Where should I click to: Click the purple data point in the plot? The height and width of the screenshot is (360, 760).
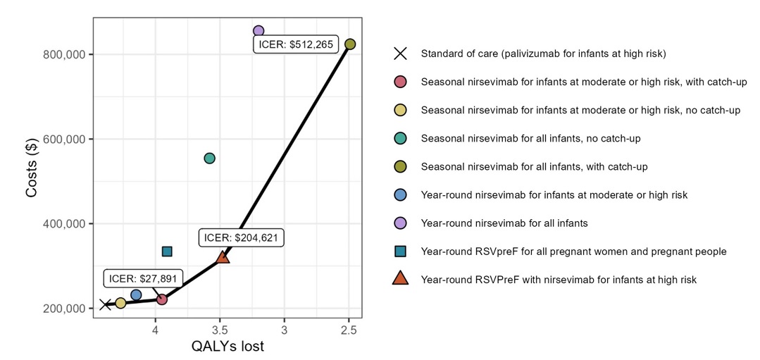click(x=258, y=31)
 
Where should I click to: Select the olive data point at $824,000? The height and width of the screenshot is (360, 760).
click(x=350, y=44)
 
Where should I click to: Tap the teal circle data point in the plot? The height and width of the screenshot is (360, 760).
click(x=209, y=159)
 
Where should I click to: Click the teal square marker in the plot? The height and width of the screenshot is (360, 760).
click(x=167, y=252)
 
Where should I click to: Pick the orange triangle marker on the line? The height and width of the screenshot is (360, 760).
click(x=223, y=257)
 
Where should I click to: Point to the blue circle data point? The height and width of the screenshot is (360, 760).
click(x=136, y=295)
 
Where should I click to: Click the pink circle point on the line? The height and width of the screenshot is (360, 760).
click(x=162, y=299)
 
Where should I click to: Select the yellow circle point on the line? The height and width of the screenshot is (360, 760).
click(x=120, y=303)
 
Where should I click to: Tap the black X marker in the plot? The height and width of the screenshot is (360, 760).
click(x=105, y=304)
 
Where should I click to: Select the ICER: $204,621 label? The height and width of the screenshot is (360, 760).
click(x=242, y=238)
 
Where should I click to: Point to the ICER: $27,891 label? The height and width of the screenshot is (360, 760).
click(x=144, y=278)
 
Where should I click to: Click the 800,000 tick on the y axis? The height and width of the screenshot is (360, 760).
click(x=65, y=55)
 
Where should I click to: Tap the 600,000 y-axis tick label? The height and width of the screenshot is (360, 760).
click(x=65, y=139)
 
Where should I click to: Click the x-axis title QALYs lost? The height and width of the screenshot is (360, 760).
click(x=228, y=347)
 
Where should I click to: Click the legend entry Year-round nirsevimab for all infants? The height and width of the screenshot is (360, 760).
click(x=504, y=223)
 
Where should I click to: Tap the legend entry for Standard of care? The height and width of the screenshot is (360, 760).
click(x=542, y=54)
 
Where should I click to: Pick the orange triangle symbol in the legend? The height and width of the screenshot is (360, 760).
click(x=400, y=280)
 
